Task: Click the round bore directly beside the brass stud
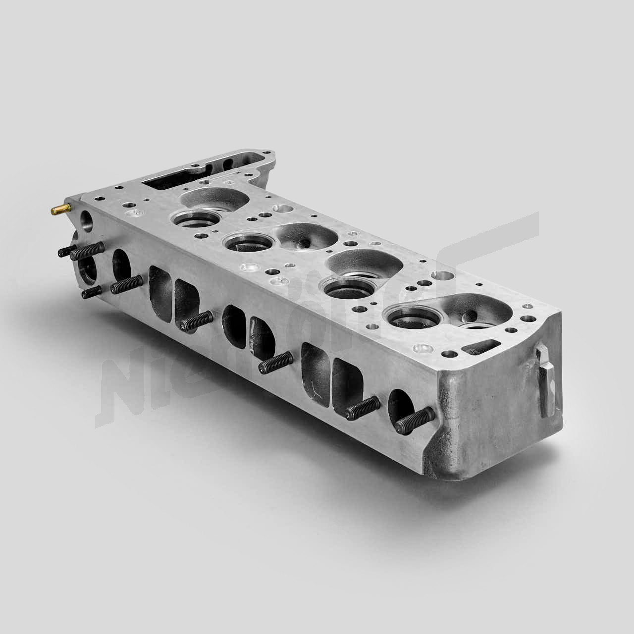[x=86, y=219]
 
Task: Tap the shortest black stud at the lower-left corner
[x=92, y=293]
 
